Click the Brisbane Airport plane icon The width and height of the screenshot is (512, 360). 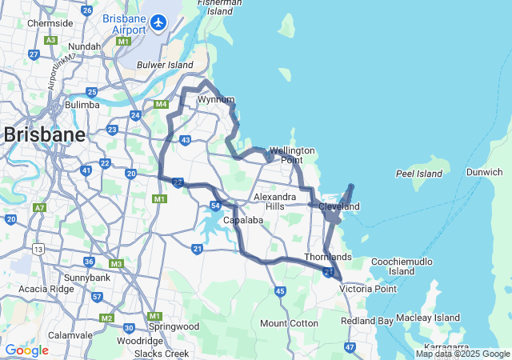point(159,22)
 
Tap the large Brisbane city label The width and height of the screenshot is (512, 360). point(45,134)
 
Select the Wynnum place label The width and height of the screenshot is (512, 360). point(215,100)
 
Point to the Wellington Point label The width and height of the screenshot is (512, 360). point(292,155)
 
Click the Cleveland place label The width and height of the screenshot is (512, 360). point(339,206)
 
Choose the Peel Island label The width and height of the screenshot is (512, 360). point(418,174)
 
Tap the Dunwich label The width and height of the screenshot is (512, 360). point(486,172)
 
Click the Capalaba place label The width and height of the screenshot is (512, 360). point(244,220)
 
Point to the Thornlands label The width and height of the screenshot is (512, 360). point(328,257)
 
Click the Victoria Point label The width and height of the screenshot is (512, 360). point(368,289)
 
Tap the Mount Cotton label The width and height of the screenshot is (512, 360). point(289,323)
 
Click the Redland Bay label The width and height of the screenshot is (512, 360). point(368,321)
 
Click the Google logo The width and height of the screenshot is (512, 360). point(26,350)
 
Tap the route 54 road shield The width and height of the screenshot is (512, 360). point(216,206)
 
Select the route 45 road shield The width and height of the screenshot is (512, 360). point(280,291)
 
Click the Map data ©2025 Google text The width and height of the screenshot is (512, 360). point(462,354)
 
